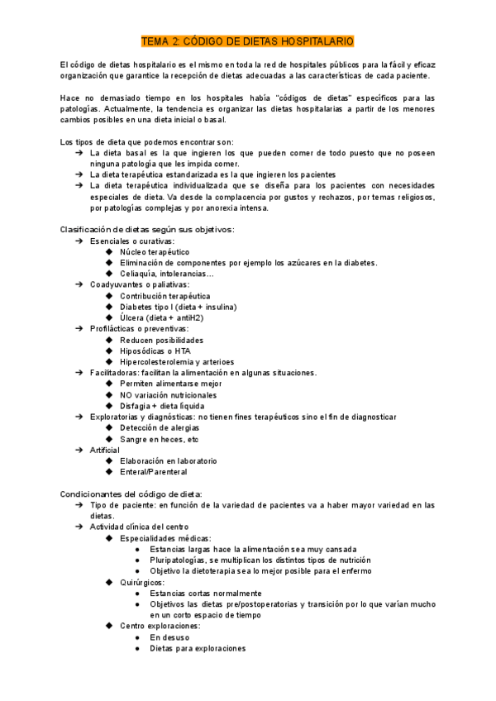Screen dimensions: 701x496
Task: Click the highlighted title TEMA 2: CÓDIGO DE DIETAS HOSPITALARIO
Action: click(248, 40)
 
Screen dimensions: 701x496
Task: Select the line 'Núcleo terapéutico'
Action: click(155, 251)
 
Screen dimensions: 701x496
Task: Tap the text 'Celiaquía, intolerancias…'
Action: click(167, 274)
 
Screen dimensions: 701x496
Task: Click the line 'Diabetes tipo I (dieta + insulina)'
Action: click(178, 307)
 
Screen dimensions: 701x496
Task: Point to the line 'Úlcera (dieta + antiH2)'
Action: click(162, 317)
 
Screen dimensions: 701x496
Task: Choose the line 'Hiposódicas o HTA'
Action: click(155, 350)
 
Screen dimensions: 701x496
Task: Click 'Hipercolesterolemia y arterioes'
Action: click(177, 361)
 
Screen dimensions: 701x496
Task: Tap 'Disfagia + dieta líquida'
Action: click(162, 406)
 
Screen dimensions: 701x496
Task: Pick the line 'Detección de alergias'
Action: click(160, 428)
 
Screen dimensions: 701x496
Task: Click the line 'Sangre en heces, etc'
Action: click(160, 439)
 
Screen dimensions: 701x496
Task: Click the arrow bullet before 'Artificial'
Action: click(79, 450)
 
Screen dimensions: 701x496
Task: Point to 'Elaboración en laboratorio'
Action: click(168, 460)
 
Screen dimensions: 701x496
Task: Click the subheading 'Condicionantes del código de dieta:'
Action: click(131, 494)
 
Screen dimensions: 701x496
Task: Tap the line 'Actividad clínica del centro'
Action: click(140, 527)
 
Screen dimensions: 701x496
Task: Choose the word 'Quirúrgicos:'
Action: click(142, 582)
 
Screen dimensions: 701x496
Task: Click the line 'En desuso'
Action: click(169, 637)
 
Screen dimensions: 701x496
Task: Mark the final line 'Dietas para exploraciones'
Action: click(198, 648)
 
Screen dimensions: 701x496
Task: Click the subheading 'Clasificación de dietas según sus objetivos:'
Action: click(148, 229)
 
